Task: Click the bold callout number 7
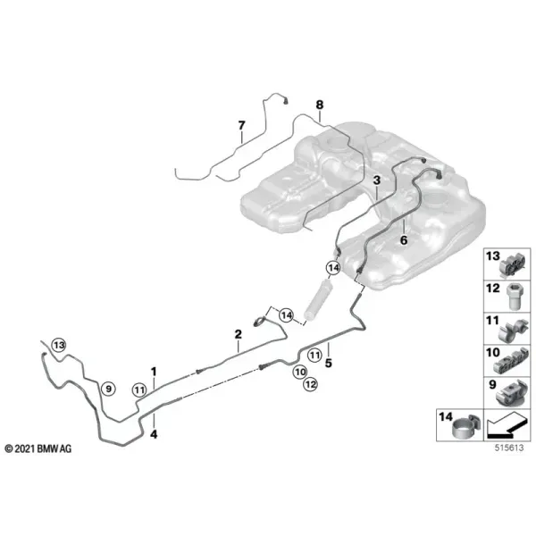pyautogui.click(x=242, y=125)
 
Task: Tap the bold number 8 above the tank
pyautogui.click(x=320, y=105)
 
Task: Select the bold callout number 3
pyautogui.click(x=377, y=180)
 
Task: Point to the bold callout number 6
pyautogui.click(x=404, y=240)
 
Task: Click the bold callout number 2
pyautogui.click(x=239, y=334)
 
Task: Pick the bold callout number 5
pyautogui.click(x=329, y=363)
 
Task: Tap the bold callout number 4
pyautogui.click(x=154, y=435)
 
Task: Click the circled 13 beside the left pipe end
pyautogui.click(x=59, y=345)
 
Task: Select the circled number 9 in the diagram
pyautogui.click(x=108, y=389)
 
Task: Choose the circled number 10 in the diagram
pyautogui.click(x=300, y=372)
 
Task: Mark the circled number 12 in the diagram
pyautogui.click(x=310, y=384)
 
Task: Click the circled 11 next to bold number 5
pyautogui.click(x=314, y=355)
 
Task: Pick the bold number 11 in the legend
pyautogui.click(x=492, y=321)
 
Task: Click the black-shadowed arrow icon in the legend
pyautogui.click(x=507, y=425)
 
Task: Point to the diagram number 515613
pyautogui.click(x=509, y=448)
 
